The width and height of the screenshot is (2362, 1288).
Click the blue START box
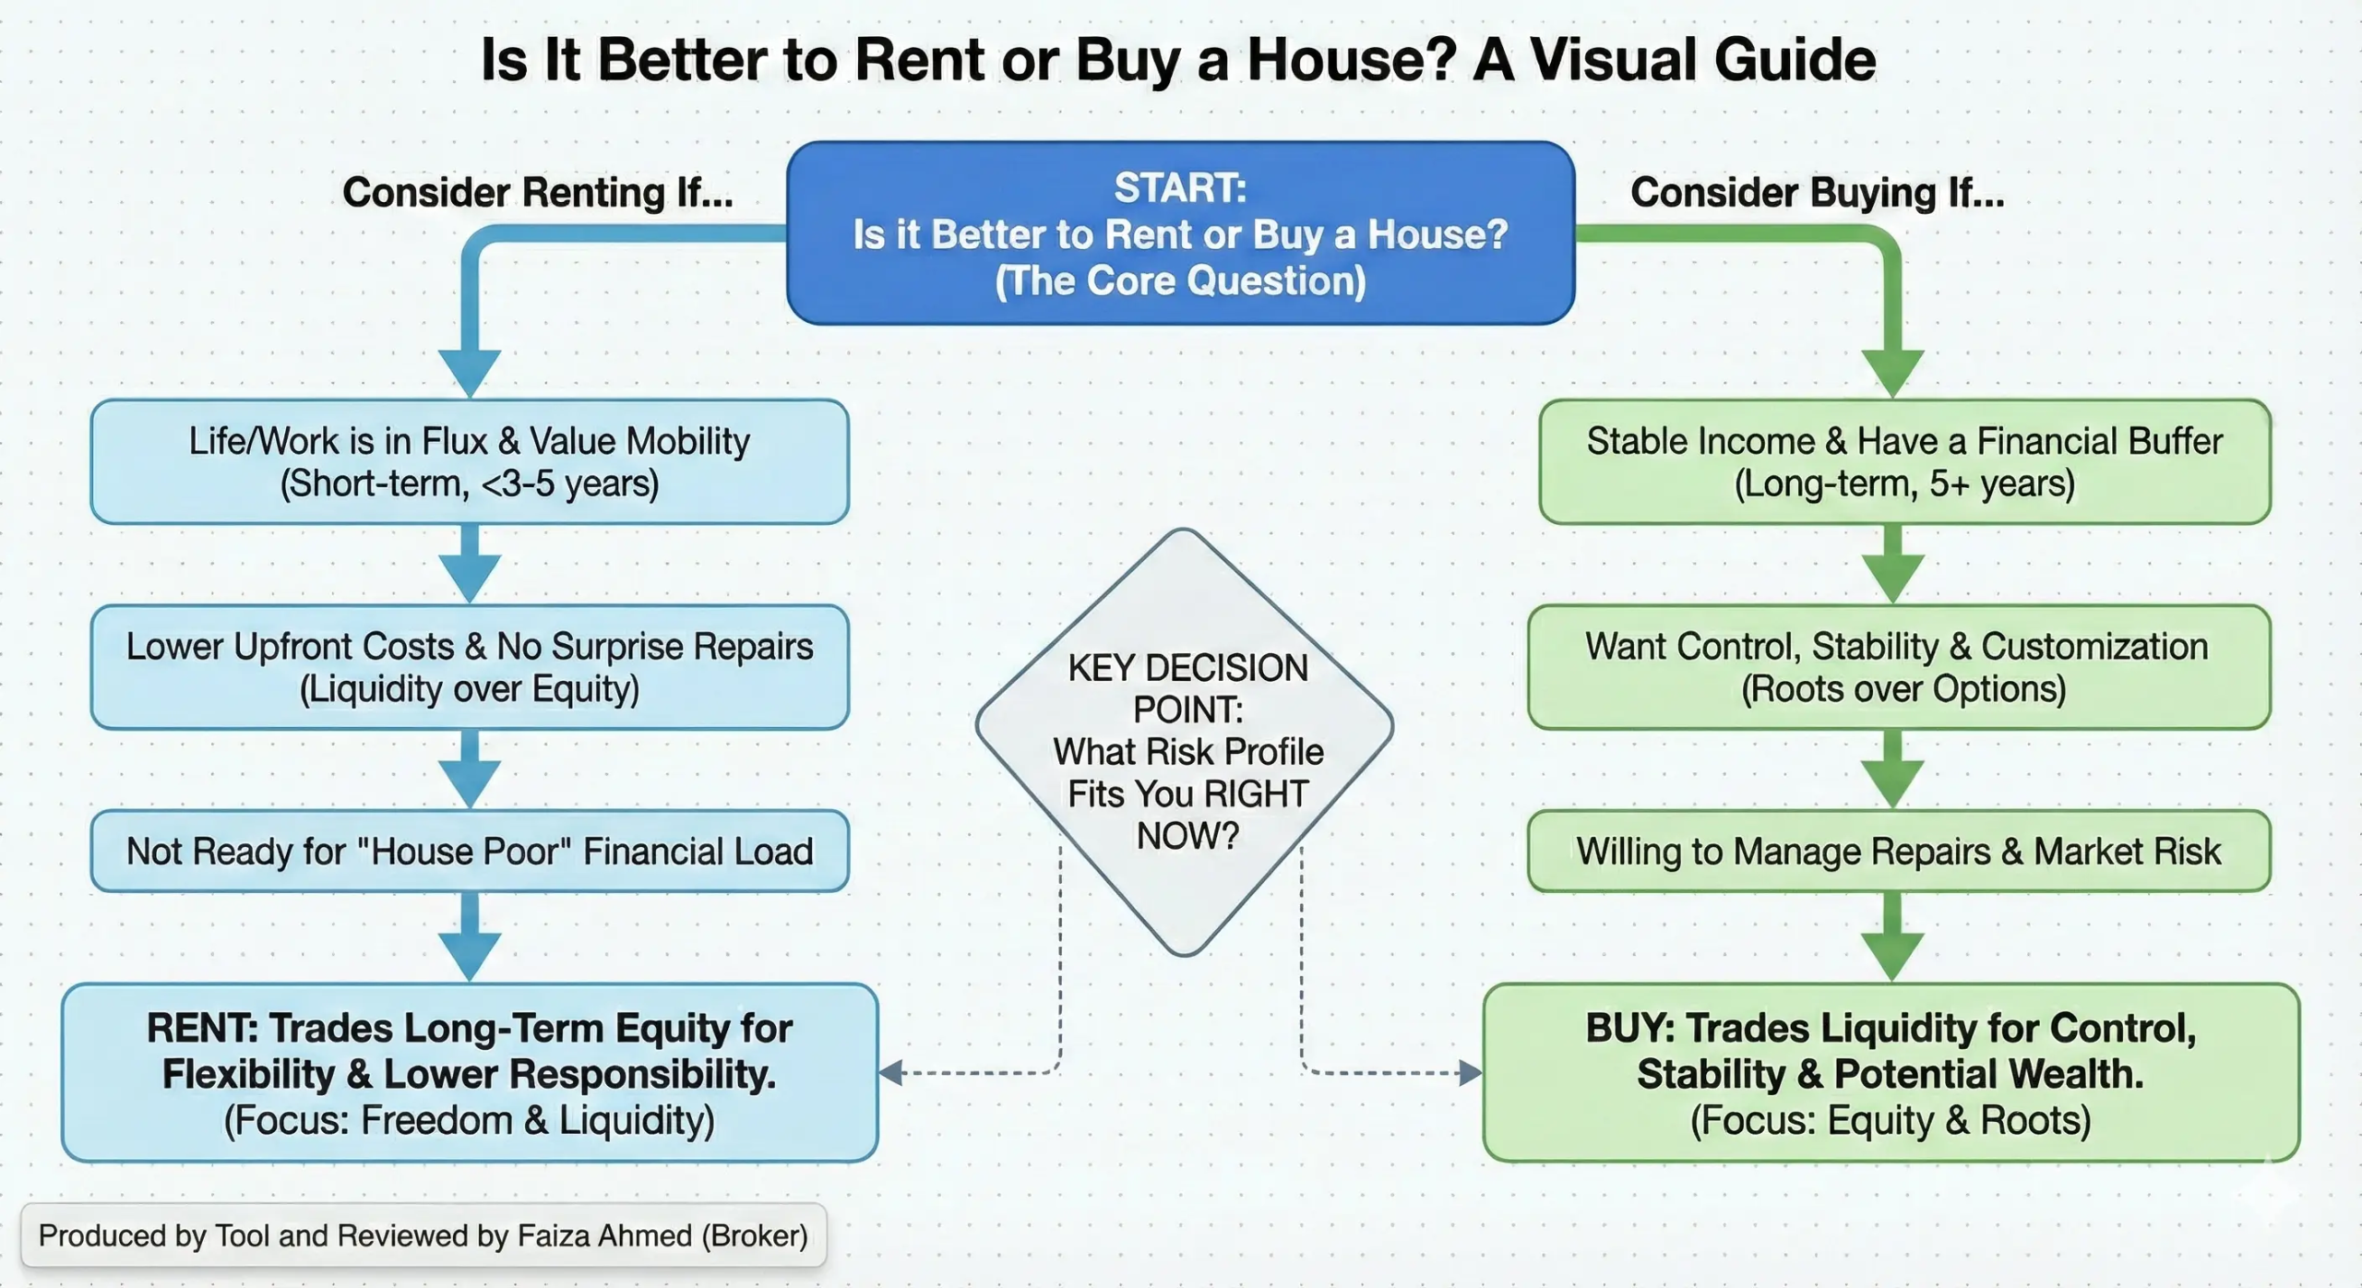click(1180, 233)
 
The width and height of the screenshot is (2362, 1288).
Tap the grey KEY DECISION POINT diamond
click(1185, 743)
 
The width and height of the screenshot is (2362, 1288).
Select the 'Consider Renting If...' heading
click(538, 193)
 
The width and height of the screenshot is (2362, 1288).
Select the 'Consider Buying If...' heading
click(1817, 193)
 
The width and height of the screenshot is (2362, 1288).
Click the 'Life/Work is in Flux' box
click(470, 461)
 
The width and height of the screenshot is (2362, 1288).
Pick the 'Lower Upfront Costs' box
click(470, 667)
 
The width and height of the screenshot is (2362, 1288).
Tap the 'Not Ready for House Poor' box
click(470, 851)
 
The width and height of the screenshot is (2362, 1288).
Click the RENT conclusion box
click(470, 1072)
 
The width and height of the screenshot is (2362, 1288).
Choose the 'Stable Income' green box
click(1904, 461)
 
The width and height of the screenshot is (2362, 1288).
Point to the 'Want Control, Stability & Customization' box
click(1899, 667)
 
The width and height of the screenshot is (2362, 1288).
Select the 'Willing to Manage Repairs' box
click(1899, 851)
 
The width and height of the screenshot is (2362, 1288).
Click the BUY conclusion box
click(1891, 1072)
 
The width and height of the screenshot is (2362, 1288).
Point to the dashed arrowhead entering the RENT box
click(890, 1072)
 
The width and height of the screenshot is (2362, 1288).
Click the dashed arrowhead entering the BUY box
click(1471, 1072)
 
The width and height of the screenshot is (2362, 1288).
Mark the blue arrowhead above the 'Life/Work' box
click(470, 373)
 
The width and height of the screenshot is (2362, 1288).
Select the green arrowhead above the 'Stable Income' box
click(1892, 373)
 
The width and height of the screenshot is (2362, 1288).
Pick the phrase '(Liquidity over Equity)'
click(470, 689)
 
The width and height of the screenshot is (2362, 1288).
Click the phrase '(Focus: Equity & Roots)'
click(1891, 1120)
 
